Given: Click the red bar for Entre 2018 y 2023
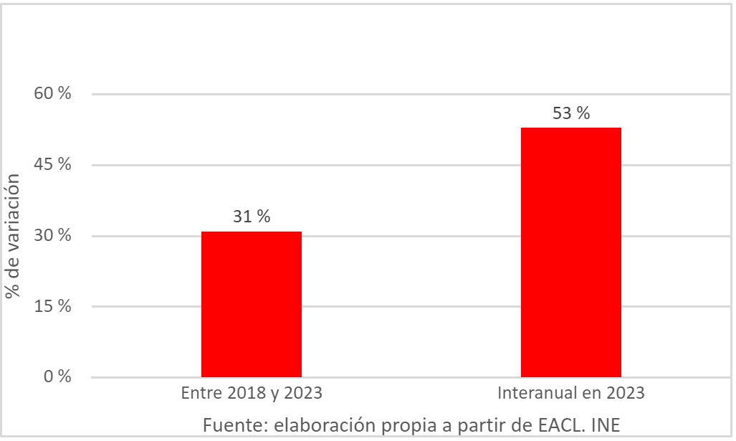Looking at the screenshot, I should (x=251, y=304).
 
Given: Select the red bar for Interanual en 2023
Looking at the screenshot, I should (x=570, y=252).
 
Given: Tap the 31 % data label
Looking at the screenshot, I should (x=252, y=217).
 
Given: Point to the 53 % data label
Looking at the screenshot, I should (x=571, y=113).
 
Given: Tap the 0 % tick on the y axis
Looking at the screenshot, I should (x=58, y=376).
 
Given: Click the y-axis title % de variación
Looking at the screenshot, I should (x=13, y=236).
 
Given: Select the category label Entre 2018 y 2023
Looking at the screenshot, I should (x=251, y=394).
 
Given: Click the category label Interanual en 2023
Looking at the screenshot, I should (x=570, y=394).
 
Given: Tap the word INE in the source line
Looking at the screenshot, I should (x=605, y=425).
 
